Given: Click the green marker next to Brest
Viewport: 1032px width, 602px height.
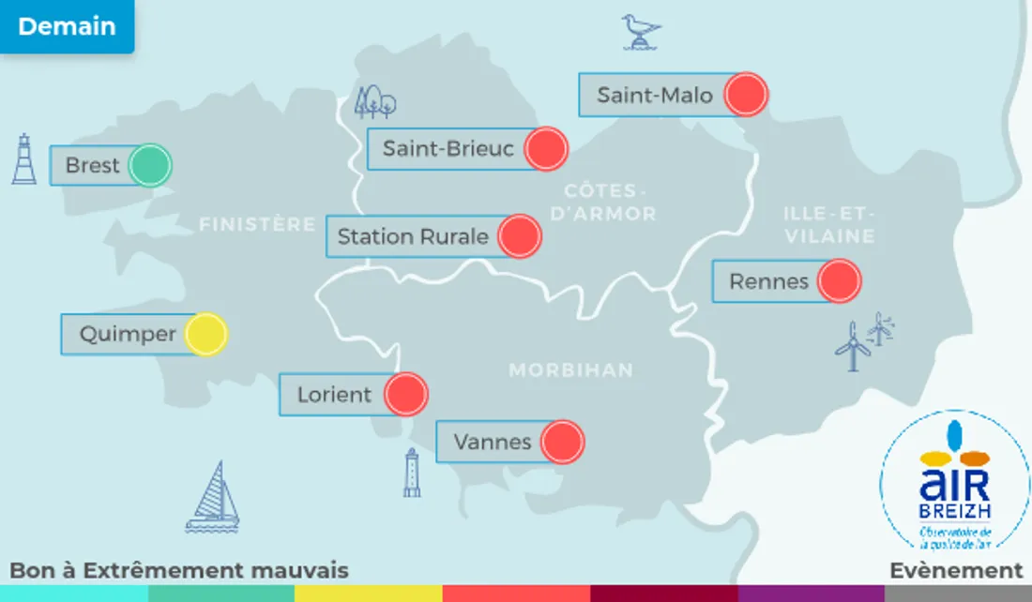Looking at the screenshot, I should [149, 166].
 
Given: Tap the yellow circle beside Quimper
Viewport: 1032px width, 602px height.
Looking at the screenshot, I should [205, 334].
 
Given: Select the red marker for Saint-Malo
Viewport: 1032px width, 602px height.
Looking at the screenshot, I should [747, 95].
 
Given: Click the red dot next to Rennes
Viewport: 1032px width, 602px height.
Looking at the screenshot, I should [839, 280].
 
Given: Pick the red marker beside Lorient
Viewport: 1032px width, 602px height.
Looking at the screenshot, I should [406, 394].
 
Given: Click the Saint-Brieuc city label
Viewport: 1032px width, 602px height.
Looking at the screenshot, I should [448, 148].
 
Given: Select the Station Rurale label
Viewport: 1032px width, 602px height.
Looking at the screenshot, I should [413, 236].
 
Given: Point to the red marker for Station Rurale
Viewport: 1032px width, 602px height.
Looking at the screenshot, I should [520, 236].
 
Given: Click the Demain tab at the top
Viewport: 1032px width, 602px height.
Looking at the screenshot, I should [67, 26].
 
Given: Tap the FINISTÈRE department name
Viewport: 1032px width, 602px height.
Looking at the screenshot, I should [257, 225].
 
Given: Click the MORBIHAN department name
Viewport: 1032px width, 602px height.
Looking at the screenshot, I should [570, 370].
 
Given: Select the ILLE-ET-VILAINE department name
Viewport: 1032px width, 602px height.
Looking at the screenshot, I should [829, 225].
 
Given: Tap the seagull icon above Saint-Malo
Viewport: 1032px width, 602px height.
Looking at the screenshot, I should [642, 31].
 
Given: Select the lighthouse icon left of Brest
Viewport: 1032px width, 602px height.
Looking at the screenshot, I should [24, 159].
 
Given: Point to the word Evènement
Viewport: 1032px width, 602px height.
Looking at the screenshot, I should [956, 570].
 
